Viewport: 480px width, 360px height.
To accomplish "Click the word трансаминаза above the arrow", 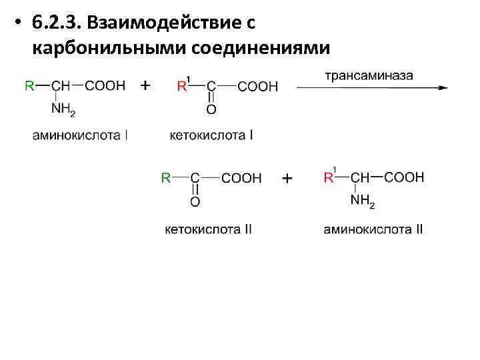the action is (x=369, y=75).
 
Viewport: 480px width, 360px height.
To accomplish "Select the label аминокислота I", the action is (x=81, y=135).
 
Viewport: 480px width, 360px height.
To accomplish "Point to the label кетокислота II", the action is (x=209, y=229).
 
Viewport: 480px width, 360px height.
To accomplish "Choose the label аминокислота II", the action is (x=373, y=229).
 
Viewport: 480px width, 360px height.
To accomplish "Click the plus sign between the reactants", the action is (x=145, y=85).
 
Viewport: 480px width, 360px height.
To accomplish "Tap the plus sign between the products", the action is (x=287, y=179).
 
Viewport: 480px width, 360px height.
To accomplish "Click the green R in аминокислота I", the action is (x=29, y=86).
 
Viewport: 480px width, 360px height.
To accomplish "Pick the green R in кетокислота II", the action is (x=167, y=178).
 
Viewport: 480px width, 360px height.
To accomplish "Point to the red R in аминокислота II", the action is (x=328, y=178).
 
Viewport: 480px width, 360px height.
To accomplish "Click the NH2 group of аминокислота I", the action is (x=64, y=110).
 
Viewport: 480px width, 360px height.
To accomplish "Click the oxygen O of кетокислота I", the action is (x=211, y=110).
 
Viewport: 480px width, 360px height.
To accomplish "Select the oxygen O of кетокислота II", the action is (x=195, y=202).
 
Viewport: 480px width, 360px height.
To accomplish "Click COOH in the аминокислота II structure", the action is (x=403, y=177).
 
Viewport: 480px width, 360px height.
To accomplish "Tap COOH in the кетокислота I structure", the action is (x=258, y=86).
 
